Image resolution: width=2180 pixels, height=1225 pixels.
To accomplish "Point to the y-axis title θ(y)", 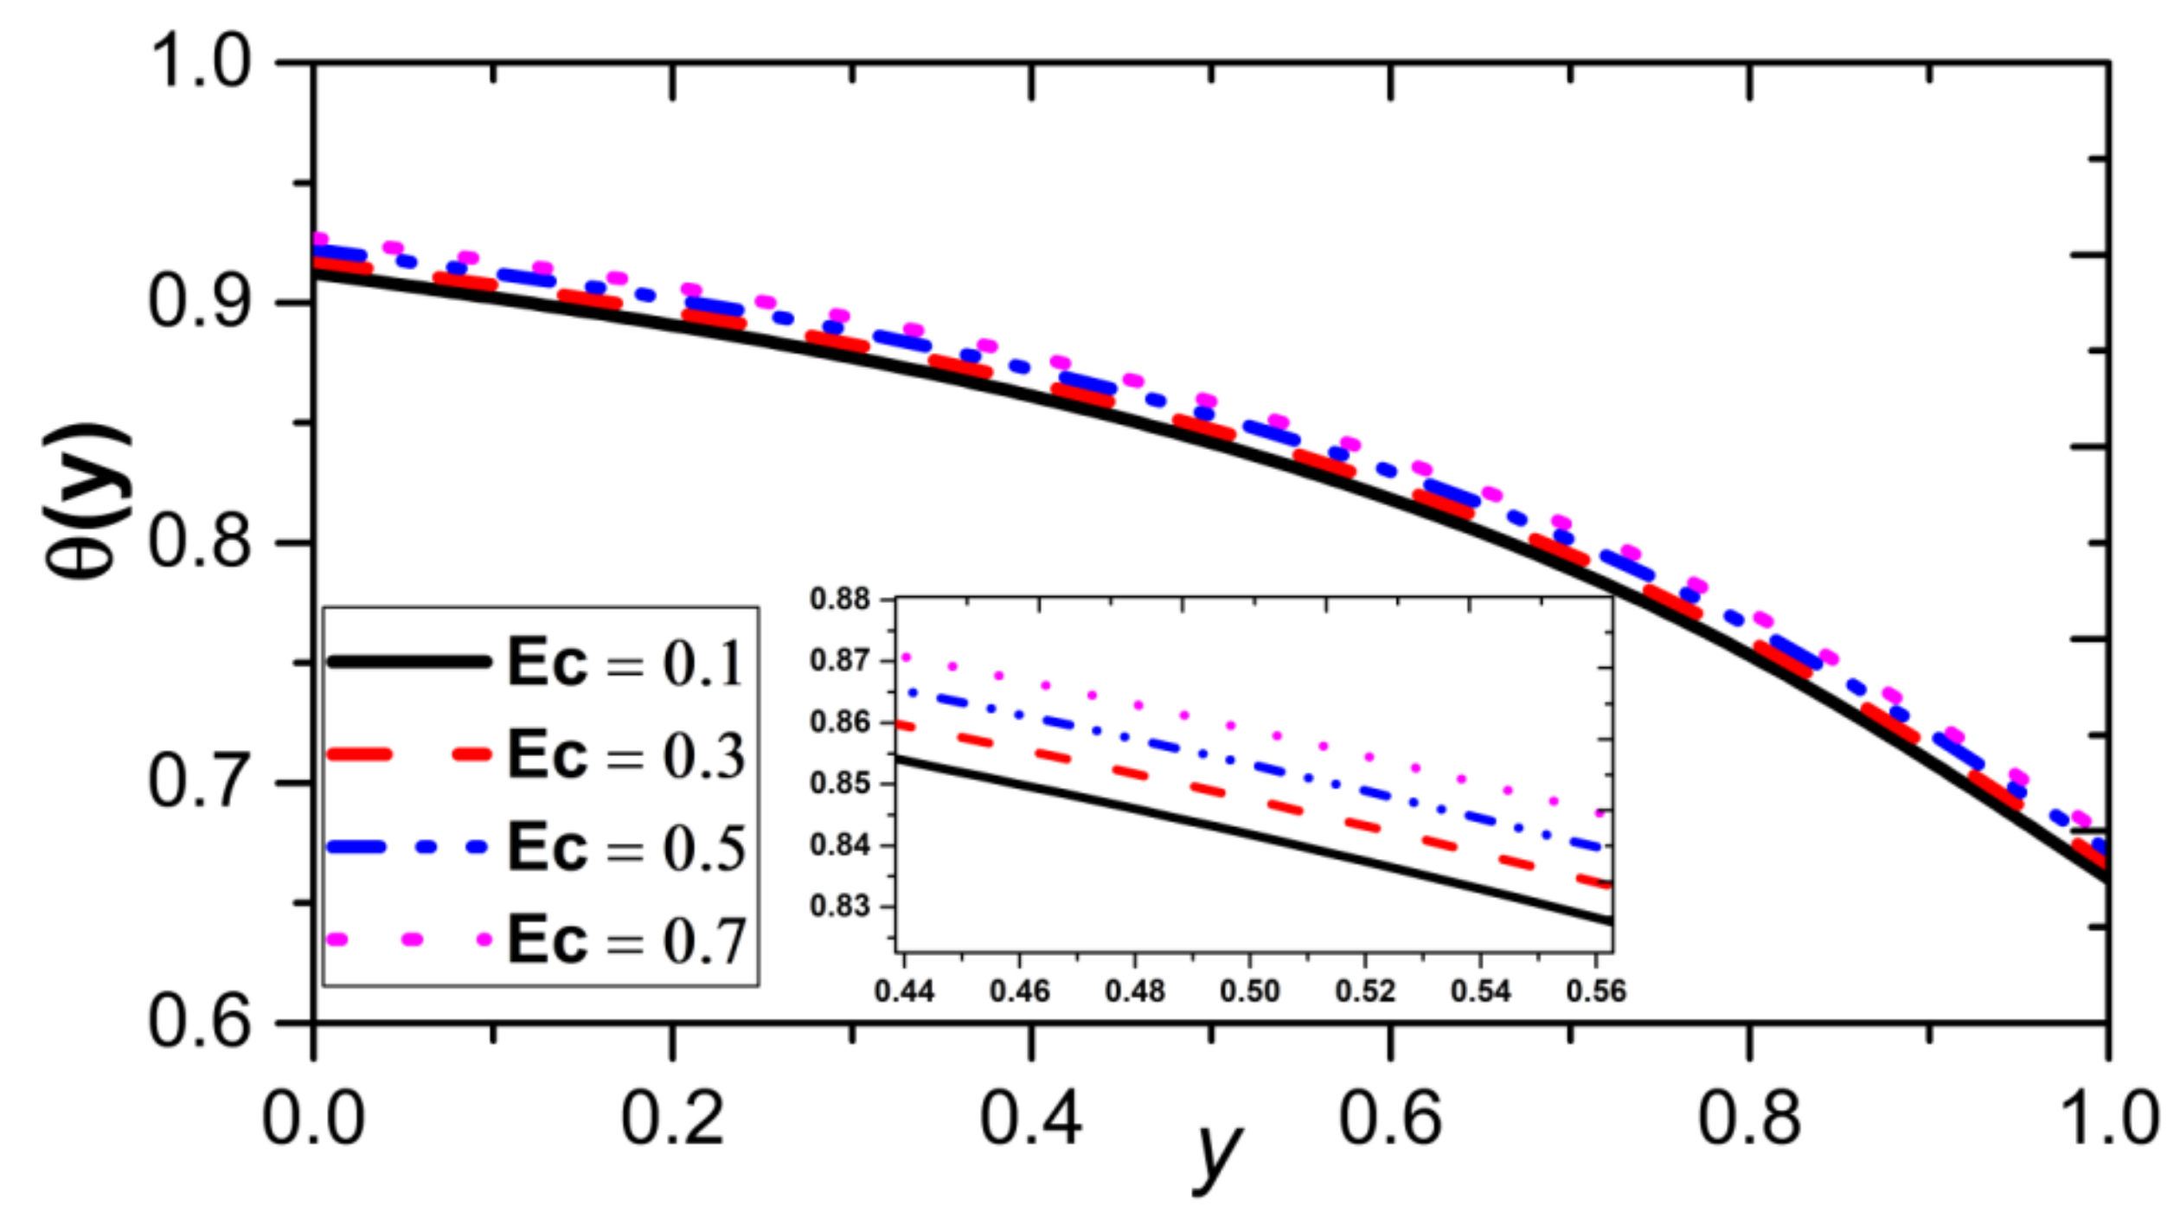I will click(87, 502).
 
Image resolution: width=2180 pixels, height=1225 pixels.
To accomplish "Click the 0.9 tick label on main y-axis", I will click(199, 302).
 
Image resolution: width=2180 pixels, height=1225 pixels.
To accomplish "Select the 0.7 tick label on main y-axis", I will click(199, 782).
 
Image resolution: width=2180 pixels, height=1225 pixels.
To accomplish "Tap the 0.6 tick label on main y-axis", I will click(199, 1022).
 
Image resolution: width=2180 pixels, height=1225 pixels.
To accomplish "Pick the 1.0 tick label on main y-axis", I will click(199, 62).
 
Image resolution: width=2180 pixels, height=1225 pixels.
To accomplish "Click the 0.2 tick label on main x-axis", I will click(672, 1118).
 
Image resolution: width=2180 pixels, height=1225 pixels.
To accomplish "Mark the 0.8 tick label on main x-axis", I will click(1749, 1118).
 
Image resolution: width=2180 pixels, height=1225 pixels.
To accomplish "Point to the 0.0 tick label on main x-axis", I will click(313, 1118).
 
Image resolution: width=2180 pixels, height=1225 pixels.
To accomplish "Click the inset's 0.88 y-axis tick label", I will click(839, 599).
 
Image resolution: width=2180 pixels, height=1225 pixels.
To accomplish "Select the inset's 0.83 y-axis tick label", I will click(839, 906).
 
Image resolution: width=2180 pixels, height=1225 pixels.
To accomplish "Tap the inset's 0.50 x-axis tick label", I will click(1249, 991).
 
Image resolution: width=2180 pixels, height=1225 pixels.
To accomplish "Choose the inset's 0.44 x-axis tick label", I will click(904, 991).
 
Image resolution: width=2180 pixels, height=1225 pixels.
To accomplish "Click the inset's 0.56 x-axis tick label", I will click(1596, 991).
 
